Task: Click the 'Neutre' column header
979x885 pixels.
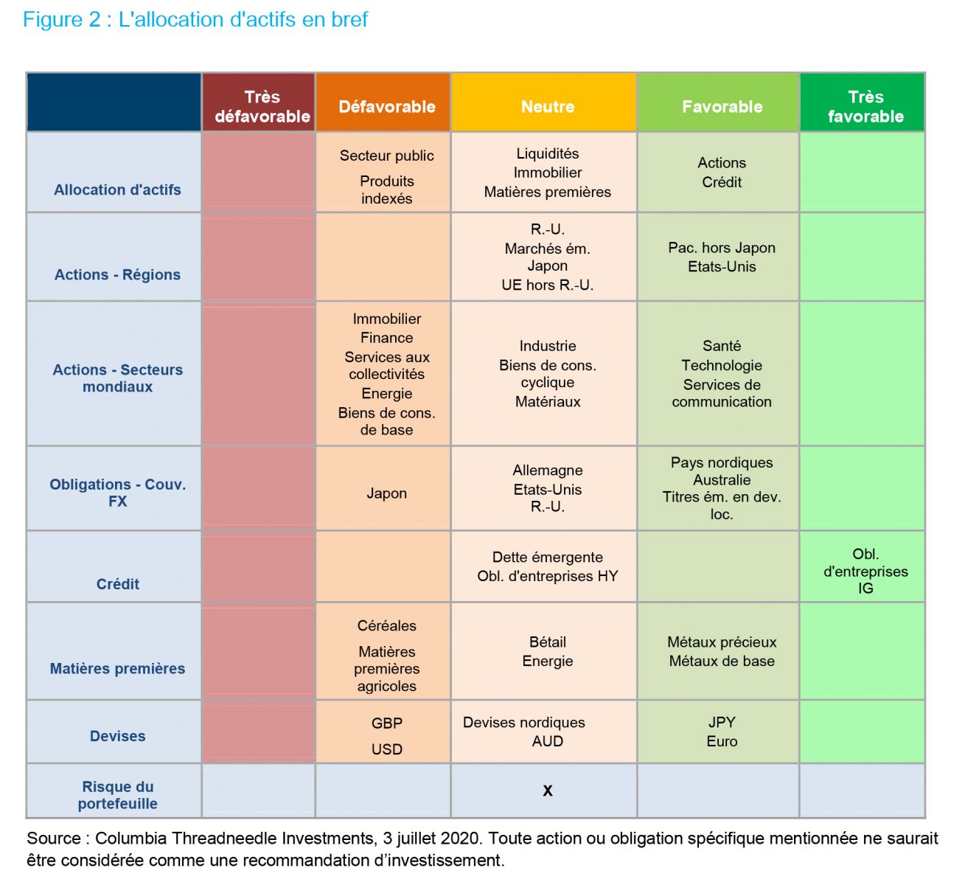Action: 548,107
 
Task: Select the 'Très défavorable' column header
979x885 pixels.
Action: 262,107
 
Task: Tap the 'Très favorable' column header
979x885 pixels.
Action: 865,107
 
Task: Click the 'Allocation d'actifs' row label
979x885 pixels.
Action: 117,190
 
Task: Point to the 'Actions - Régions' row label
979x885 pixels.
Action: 117,274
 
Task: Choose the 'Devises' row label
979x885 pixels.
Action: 117,736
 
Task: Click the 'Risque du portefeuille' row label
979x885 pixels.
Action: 117,795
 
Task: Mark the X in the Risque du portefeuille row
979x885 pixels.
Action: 548,791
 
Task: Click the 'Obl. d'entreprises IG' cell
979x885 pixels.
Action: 865,571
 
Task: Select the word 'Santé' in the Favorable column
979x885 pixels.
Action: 722,346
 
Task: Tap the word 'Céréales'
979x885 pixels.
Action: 386,625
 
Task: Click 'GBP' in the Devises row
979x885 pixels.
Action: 386,723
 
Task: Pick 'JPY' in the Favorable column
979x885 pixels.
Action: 722,722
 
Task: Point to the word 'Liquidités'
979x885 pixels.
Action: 548,153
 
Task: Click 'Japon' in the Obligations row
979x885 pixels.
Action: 386,493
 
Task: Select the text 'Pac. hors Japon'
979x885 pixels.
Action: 722,248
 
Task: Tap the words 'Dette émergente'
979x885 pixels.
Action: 548,557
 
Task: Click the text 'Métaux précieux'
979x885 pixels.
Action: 722,642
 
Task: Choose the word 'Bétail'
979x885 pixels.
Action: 548,642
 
